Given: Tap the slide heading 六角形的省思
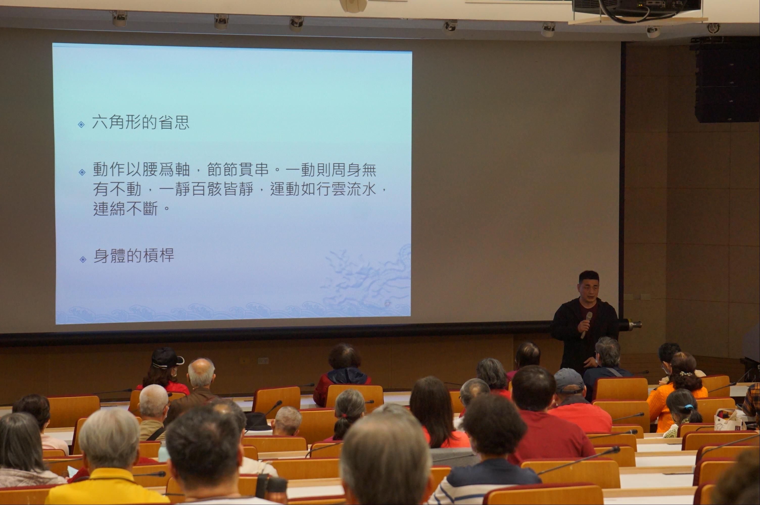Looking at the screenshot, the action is (x=140, y=122).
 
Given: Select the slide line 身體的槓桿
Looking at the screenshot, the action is (x=134, y=256).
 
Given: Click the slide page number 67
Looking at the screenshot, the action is (x=387, y=304).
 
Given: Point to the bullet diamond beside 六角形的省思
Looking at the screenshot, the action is (x=82, y=124).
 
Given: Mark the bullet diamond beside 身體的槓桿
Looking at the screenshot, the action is (x=83, y=259).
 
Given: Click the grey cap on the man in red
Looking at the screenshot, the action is (x=569, y=380).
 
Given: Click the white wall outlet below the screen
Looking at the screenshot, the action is (x=263, y=361).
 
